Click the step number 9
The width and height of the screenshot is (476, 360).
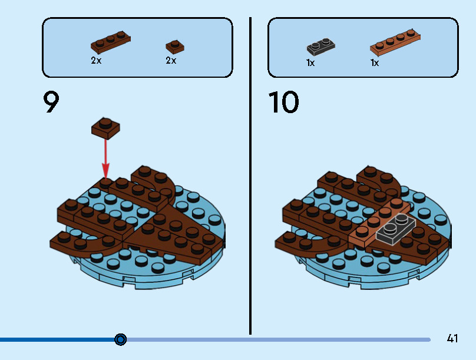(51, 103)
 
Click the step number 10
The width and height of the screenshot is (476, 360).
(284, 103)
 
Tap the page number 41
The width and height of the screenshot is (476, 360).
(452, 338)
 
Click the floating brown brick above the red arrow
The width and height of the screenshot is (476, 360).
(105, 128)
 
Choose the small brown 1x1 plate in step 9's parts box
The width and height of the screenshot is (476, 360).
(174, 46)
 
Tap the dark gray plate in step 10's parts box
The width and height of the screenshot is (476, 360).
(320, 47)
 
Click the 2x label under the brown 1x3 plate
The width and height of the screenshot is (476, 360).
(96, 61)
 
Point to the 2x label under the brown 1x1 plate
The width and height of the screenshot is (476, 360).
(171, 61)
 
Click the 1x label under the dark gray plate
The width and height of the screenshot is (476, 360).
(310, 62)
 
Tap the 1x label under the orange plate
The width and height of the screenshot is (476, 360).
(375, 62)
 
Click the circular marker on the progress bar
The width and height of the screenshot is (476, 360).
(121, 339)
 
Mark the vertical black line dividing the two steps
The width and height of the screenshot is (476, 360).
(251, 177)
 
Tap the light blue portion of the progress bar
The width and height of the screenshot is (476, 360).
(277, 339)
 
